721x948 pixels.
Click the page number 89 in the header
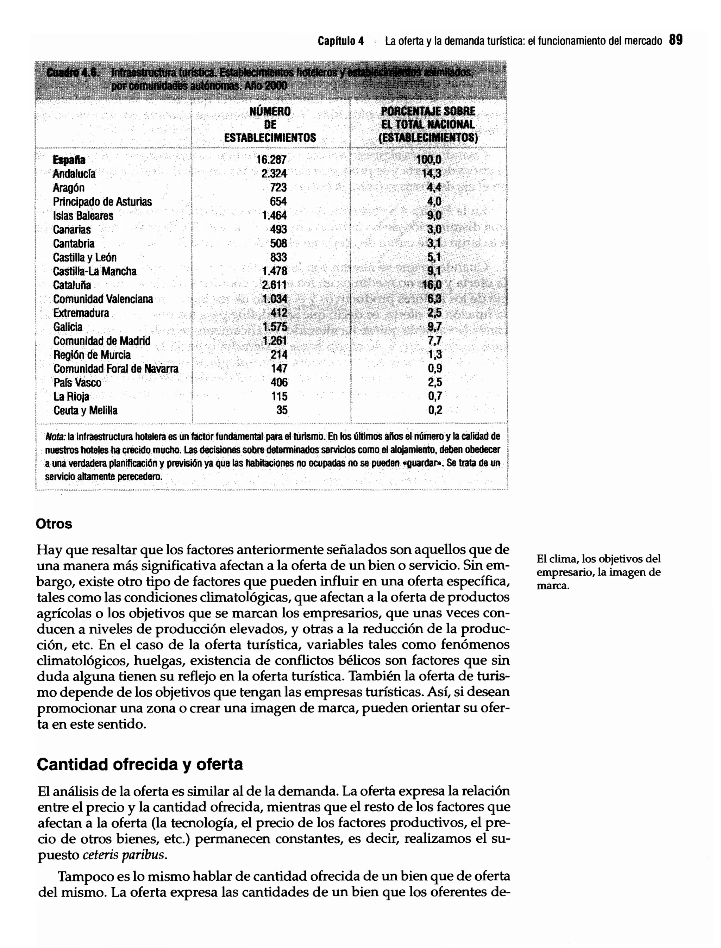pyautogui.click(x=676, y=40)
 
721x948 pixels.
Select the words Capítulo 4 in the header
pyautogui.click(x=341, y=41)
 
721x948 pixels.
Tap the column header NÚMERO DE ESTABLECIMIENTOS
pyautogui.click(x=270, y=125)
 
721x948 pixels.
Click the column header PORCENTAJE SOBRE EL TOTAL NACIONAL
pyautogui.click(x=428, y=125)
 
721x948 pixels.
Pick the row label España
pyautogui.click(x=69, y=160)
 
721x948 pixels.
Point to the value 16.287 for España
pyautogui.click(x=271, y=160)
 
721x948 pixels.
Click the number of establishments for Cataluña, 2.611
pyautogui.click(x=274, y=285)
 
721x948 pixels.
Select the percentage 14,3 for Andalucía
pyautogui.click(x=431, y=174)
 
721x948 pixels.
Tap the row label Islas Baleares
pyautogui.click(x=83, y=215)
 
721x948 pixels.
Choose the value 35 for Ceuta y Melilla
pyautogui.click(x=282, y=410)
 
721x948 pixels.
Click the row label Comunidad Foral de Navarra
pyautogui.click(x=115, y=369)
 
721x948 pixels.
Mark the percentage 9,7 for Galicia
pyautogui.click(x=434, y=327)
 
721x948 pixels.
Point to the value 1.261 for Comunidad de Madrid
pyautogui.click(x=275, y=341)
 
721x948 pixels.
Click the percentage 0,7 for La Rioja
pyautogui.click(x=435, y=396)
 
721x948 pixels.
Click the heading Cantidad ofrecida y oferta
pyautogui.click(x=139, y=764)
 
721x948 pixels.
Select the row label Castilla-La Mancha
pyautogui.click(x=94, y=271)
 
